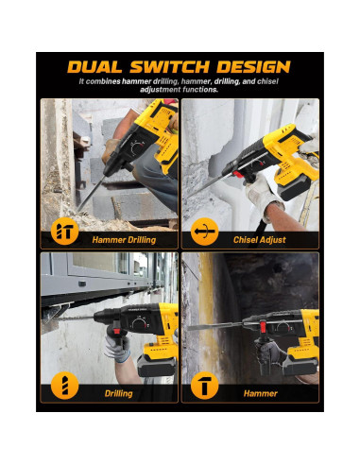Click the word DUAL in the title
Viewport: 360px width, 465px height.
[x=94, y=67]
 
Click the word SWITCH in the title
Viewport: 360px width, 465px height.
[x=170, y=67]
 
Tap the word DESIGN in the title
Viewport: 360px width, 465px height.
[x=253, y=67]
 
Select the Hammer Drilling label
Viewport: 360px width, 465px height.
[x=124, y=240]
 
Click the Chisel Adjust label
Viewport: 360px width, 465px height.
[x=260, y=240]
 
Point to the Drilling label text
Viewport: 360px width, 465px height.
[x=119, y=393]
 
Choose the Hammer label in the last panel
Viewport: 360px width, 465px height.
[x=261, y=393]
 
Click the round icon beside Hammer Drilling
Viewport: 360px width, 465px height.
[x=64, y=232]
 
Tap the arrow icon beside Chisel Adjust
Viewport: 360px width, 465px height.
[x=205, y=232]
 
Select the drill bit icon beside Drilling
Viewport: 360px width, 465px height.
[x=64, y=386]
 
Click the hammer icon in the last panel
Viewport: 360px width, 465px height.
[x=205, y=386]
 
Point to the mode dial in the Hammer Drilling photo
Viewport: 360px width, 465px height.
[x=138, y=147]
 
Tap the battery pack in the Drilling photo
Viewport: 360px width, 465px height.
[x=157, y=366]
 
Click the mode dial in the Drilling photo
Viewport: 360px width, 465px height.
[x=139, y=324]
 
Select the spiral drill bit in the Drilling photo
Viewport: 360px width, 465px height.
[x=73, y=319]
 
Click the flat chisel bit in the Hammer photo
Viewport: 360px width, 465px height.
[x=215, y=327]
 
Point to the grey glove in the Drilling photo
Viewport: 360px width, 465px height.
[x=117, y=347]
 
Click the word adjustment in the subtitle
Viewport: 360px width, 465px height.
[x=160, y=90]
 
